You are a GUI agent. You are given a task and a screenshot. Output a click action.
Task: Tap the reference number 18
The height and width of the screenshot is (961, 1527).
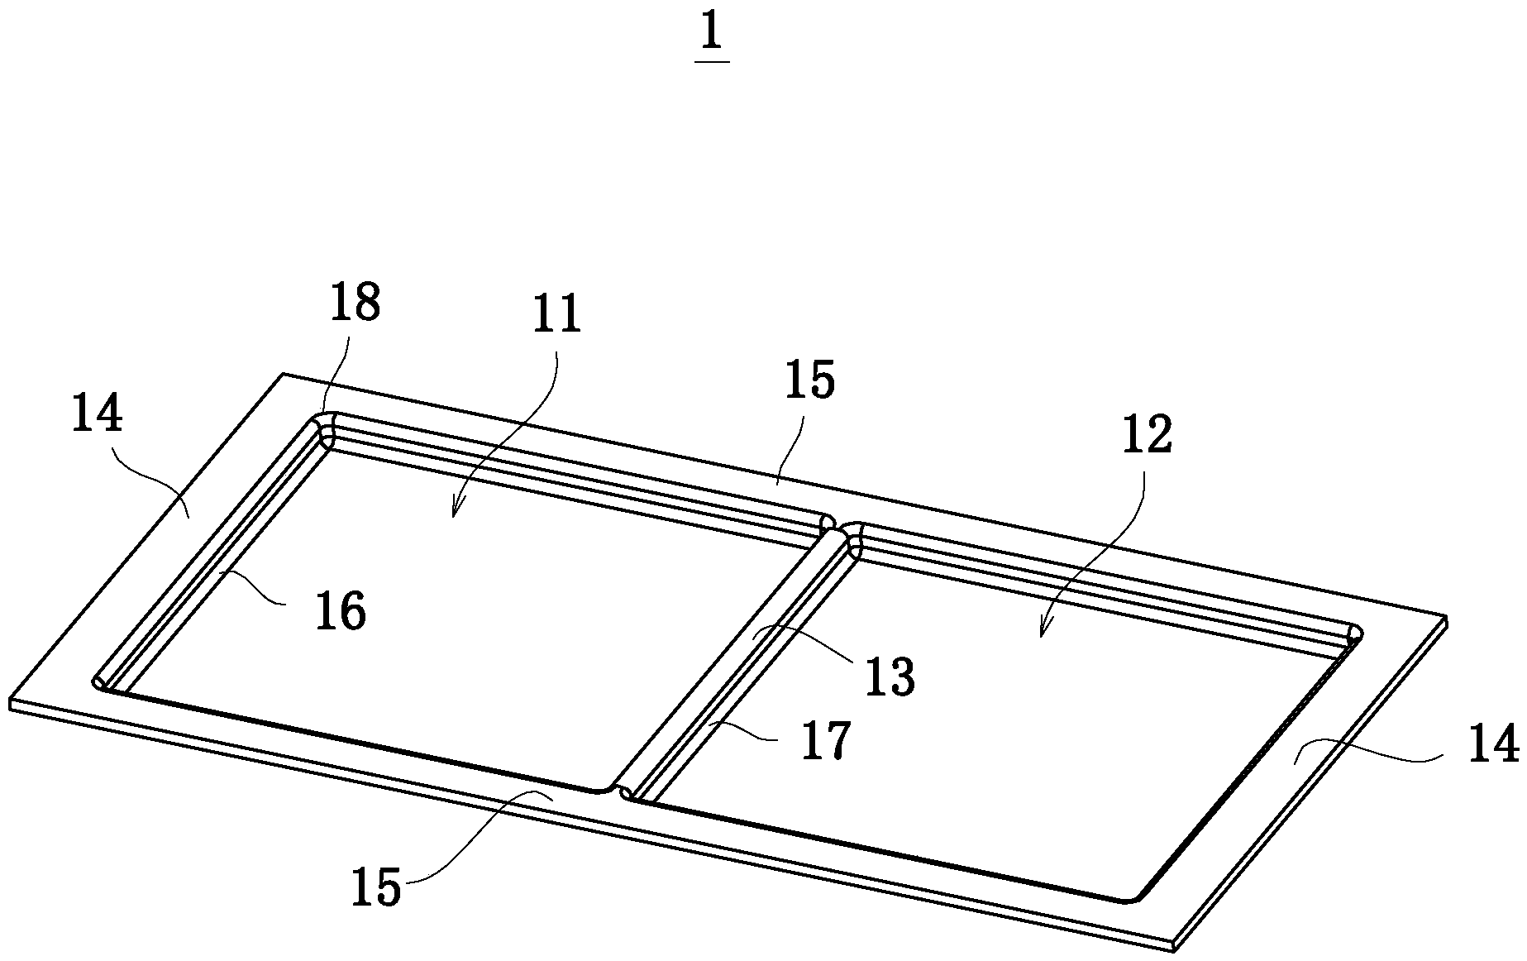click(x=354, y=304)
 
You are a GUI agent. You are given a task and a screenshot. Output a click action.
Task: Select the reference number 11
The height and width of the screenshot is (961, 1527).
click(x=556, y=317)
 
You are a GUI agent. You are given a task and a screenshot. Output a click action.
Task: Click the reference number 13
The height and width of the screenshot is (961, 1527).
click(x=890, y=677)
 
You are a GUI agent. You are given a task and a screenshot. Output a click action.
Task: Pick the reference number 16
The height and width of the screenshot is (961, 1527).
click(x=340, y=613)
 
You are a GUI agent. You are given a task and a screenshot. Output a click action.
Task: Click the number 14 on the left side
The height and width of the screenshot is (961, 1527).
click(x=97, y=414)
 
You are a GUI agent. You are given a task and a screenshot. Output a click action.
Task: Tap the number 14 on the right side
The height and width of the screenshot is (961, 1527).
click(x=1493, y=743)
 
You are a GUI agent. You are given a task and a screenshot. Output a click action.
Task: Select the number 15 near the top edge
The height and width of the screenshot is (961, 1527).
click(x=809, y=380)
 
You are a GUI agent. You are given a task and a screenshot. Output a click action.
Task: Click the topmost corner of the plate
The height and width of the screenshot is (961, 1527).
click(x=284, y=374)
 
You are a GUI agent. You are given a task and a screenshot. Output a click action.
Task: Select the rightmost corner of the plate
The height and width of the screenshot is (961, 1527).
click(x=1446, y=618)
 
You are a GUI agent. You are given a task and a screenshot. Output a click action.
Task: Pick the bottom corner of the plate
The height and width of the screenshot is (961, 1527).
click(x=1175, y=951)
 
